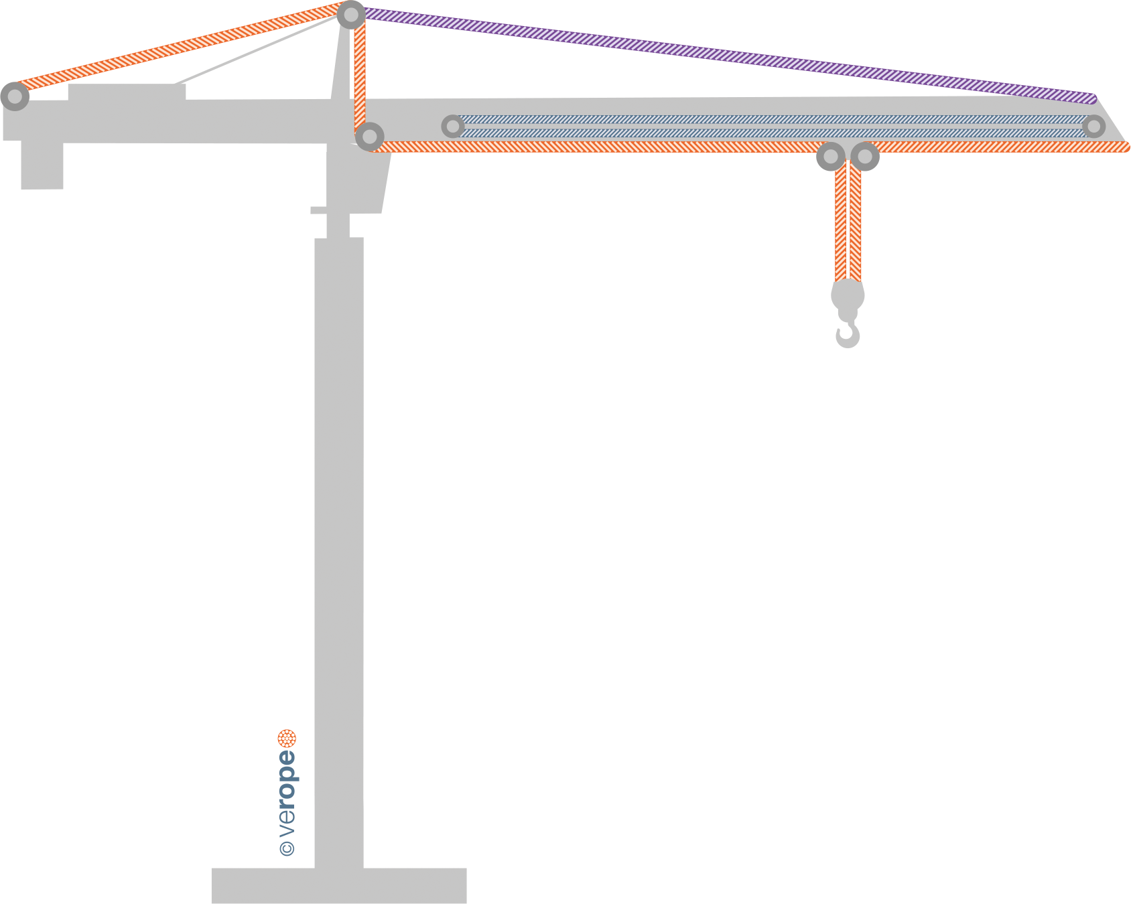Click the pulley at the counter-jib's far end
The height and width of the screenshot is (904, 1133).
14,96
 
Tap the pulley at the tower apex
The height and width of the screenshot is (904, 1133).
351,14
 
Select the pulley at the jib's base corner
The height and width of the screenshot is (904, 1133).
369,137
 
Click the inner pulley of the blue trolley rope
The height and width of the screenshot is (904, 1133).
453,126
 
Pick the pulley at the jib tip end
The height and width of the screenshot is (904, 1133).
1093,126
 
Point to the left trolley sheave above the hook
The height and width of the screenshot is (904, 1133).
831,157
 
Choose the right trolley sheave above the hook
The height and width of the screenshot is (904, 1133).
865,157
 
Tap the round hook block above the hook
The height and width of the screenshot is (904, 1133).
848,295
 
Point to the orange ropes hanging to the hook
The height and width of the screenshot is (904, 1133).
848,221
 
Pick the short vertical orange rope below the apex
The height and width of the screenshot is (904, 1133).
360,74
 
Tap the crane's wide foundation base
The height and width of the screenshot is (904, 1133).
338,885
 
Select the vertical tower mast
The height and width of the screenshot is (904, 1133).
339,536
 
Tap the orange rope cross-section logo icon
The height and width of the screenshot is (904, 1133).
287,739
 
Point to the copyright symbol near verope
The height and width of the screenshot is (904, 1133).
287,848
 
